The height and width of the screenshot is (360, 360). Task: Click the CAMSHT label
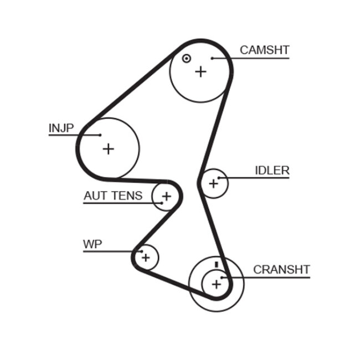pos(264,50)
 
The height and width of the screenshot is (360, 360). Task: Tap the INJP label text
pos(61,128)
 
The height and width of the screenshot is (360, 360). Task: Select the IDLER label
pos(272,171)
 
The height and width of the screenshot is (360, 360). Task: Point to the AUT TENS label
pos(113,196)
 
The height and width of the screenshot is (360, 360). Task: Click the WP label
pos(92,244)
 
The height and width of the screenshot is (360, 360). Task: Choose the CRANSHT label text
pos(281,270)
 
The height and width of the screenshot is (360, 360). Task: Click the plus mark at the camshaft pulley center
pos(200,71)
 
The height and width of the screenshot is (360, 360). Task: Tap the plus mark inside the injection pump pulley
pos(108,148)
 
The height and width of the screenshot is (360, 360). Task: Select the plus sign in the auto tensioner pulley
pos(166,196)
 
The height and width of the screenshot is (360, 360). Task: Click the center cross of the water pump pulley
pos(146,258)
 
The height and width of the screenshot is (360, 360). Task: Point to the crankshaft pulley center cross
pos(215,284)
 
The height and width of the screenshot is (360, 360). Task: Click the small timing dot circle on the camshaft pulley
pos(187,58)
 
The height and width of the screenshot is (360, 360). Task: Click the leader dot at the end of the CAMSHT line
pos(212,58)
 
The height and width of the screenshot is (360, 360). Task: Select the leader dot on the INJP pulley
pos(100,135)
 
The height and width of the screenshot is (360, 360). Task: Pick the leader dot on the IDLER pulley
pos(219,178)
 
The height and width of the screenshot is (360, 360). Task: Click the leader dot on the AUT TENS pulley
pos(161,203)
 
